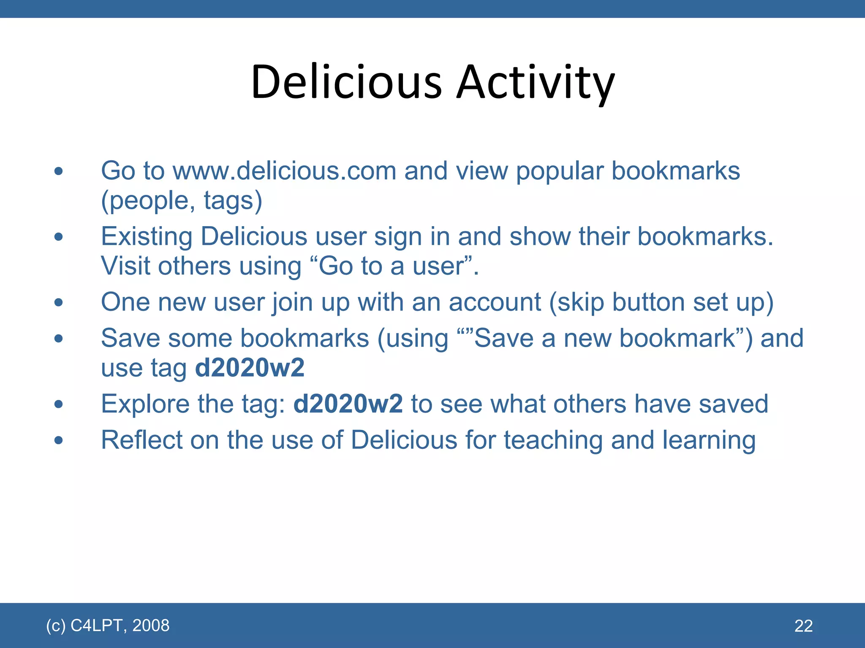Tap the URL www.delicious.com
point(284,171)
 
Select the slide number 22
point(803,626)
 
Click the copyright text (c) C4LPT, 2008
point(108,625)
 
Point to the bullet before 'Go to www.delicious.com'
point(58,171)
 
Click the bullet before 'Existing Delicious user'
point(58,237)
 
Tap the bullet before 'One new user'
point(58,302)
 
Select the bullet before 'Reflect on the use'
point(58,440)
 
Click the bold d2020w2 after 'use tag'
point(250,368)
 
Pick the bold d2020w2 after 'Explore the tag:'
point(348,404)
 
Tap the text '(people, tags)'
point(182,201)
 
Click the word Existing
point(147,237)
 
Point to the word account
point(495,302)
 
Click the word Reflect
point(141,440)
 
